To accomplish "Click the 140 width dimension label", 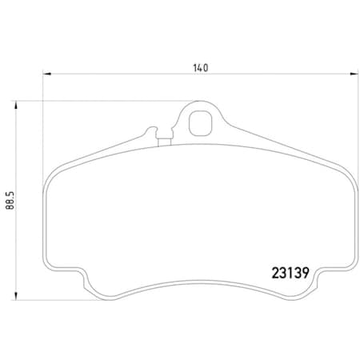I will pyautogui.click(x=200, y=68).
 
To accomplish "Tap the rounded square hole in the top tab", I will pyautogui.click(x=200, y=123).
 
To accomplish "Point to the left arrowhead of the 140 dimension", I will pyautogui.click(x=46, y=75).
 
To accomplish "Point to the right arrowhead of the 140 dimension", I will pyautogui.click(x=354, y=75).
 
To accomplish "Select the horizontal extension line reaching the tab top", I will pyautogui.click(x=104, y=101).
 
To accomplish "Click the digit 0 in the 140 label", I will pyautogui.click(x=206, y=68).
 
